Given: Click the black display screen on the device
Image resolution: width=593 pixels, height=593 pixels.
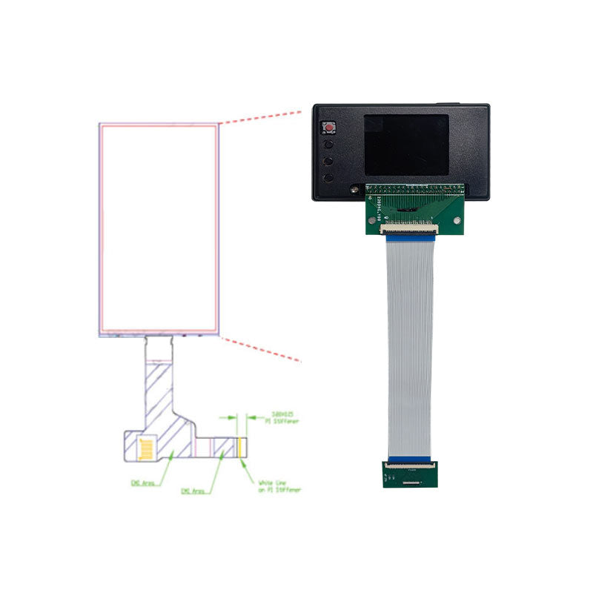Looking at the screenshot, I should (406, 145).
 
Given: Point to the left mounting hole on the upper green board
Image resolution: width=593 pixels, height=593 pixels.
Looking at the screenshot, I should (370, 221).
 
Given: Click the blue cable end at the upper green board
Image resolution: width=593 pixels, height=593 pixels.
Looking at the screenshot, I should (408, 237).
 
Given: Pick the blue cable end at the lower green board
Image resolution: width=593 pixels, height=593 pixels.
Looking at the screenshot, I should (409, 459).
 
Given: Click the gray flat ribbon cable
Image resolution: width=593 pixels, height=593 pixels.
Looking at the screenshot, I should (409, 348).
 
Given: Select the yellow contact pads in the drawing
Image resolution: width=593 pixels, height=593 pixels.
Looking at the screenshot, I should (148, 448).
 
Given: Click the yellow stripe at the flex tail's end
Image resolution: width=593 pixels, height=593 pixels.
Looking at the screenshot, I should (242, 447).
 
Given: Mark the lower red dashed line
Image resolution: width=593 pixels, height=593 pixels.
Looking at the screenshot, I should (261, 349).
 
